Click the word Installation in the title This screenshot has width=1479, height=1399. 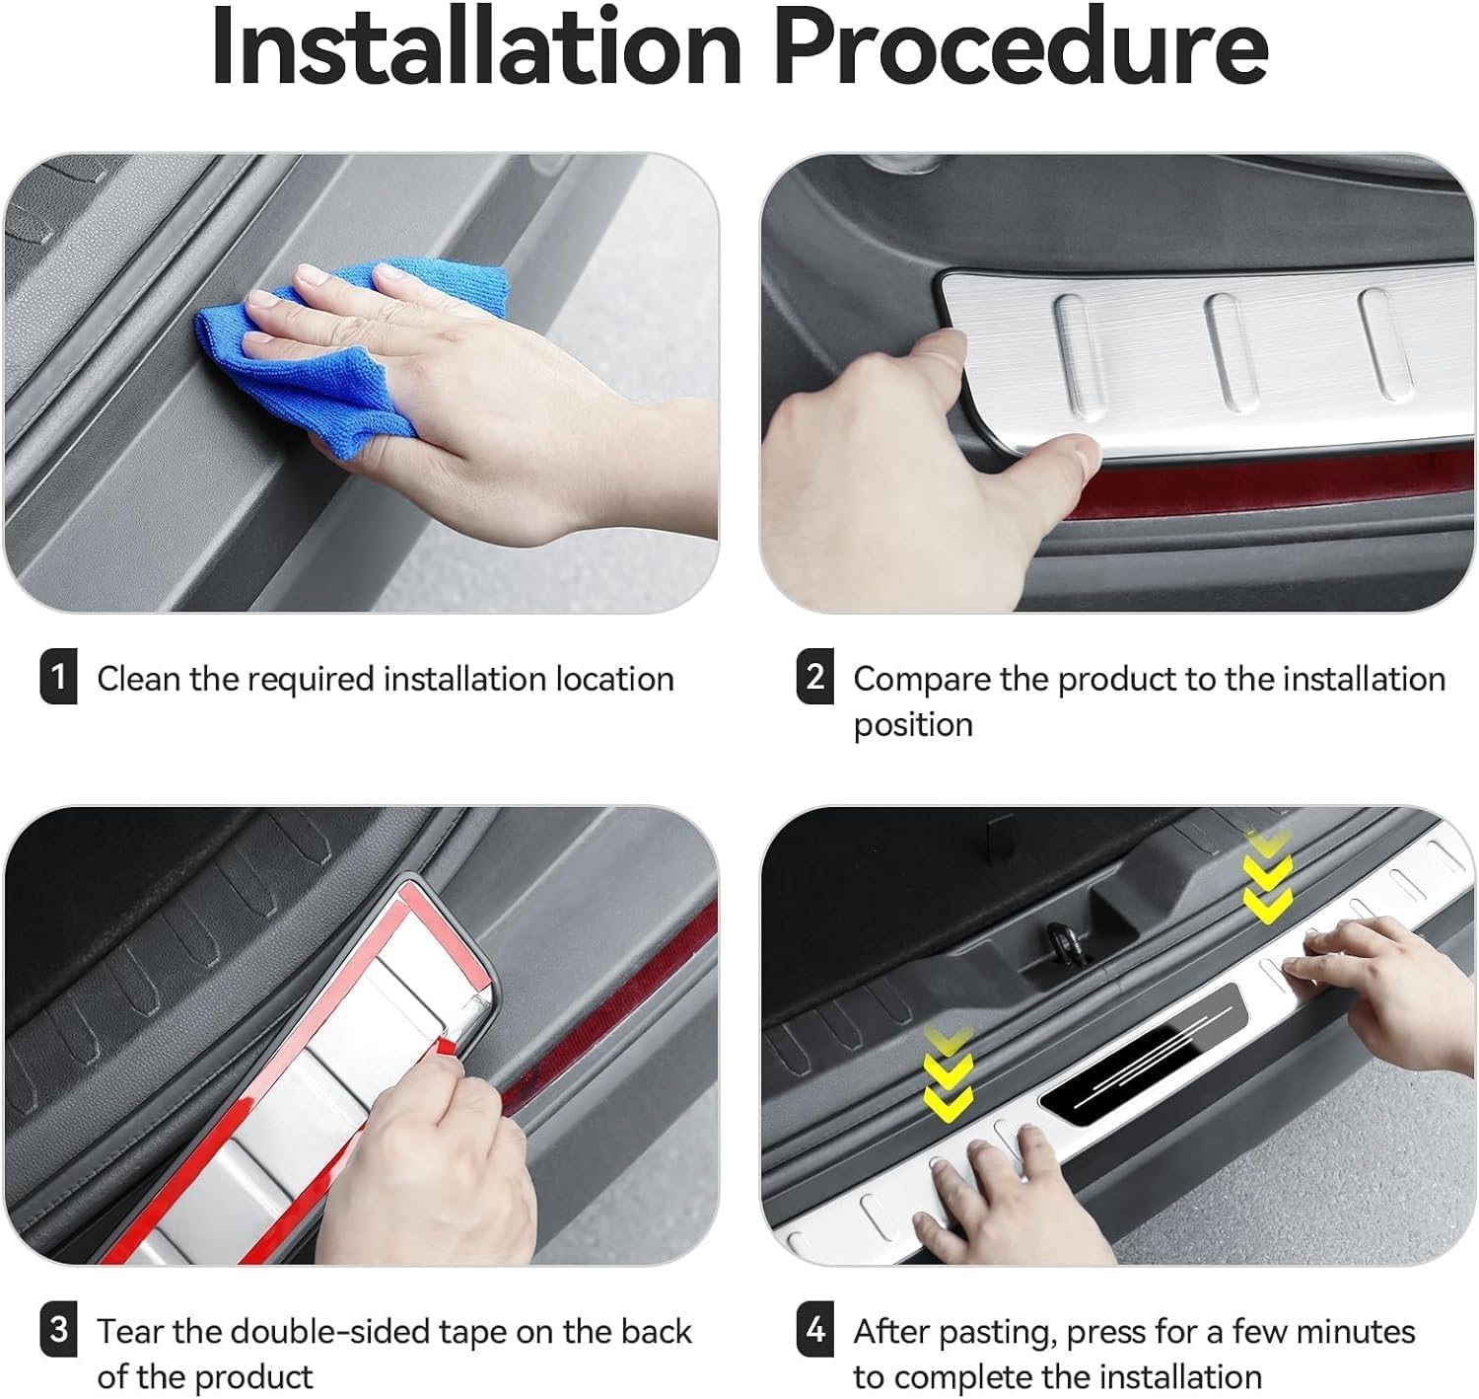[x=477, y=46]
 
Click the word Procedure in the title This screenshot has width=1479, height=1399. [x=1021, y=46]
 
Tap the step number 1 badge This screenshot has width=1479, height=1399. [x=58, y=677]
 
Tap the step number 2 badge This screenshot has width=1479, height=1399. [x=814, y=677]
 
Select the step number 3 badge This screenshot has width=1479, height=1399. [x=58, y=1329]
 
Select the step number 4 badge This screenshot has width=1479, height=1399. [x=814, y=1329]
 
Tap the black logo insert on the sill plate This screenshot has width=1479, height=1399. [x=1143, y=1054]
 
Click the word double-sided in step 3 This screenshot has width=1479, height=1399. [x=330, y=1332]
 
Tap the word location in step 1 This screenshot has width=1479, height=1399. [x=614, y=679]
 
